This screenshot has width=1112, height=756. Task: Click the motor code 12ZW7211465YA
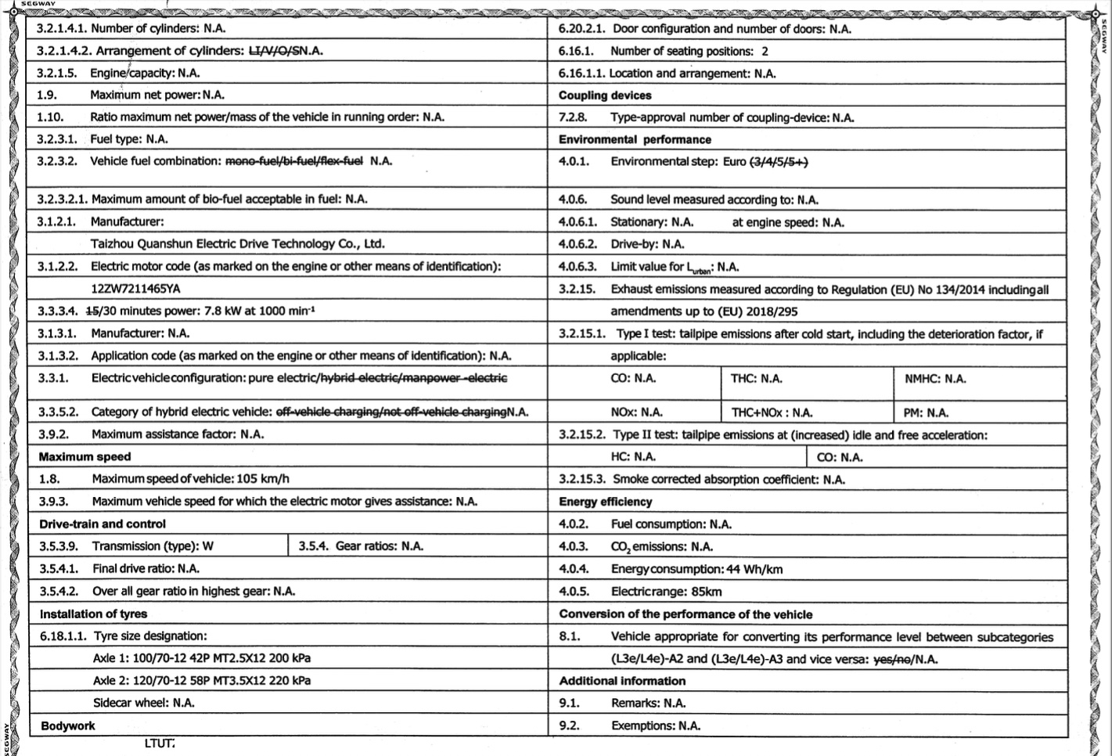click(x=135, y=289)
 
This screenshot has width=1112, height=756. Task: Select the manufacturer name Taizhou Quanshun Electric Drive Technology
click(x=237, y=243)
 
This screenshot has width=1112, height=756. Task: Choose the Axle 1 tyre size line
click(x=201, y=658)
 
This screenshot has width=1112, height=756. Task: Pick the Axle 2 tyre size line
click(x=201, y=680)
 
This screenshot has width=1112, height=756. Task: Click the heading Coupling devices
click(x=605, y=95)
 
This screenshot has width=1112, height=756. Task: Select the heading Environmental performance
click(x=635, y=139)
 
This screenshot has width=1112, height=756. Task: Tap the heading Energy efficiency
click(x=605, y=502)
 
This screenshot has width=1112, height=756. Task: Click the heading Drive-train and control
click(x=103, y=524)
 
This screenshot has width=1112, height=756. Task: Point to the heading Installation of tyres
click(x=93, y=614)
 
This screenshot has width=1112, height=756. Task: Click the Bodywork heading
click(x=68, y=726)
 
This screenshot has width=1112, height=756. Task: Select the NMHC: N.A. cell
click(x=935, y=379)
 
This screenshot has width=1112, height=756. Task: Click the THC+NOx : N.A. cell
click(x=772, y=412)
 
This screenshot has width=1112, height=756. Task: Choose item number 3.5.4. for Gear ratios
click(x=313, y=546)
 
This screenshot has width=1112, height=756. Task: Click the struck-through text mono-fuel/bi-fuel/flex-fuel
click(x=294, y=161)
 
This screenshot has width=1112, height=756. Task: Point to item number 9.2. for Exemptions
click(x=569, y=726)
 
